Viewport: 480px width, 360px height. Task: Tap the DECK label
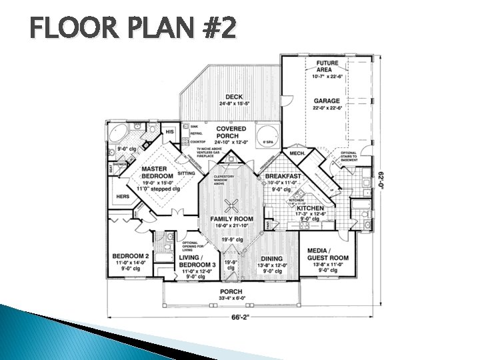point(234,97)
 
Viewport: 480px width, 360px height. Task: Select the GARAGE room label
point(327,101)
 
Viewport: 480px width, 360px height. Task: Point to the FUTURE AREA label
point(327,67)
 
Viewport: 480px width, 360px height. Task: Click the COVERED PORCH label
point(231,132)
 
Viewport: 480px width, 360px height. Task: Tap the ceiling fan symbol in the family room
point(232,205)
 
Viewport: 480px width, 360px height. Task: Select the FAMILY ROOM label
point(232,219)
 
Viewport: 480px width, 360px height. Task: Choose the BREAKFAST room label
point(283,176)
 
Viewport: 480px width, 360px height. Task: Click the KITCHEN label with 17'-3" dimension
point(310,209)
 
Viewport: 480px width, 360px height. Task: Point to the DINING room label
point(271,259)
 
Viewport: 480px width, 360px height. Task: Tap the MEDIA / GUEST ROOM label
point(327,254)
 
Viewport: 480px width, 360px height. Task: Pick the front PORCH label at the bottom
point(231,292)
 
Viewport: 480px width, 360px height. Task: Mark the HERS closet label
point(123,197)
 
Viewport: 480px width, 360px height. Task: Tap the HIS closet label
point(169,132)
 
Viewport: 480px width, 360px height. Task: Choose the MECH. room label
point(297,153)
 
